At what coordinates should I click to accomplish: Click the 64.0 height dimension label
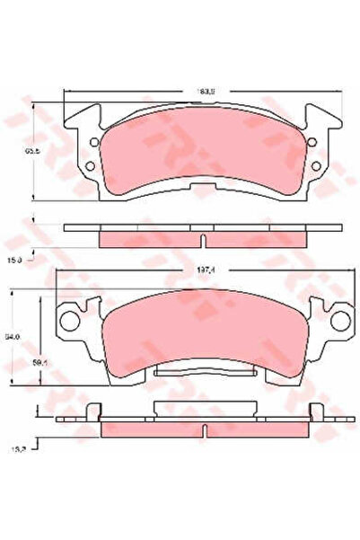(12, 337)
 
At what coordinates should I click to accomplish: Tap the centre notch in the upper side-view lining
(203, 240)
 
